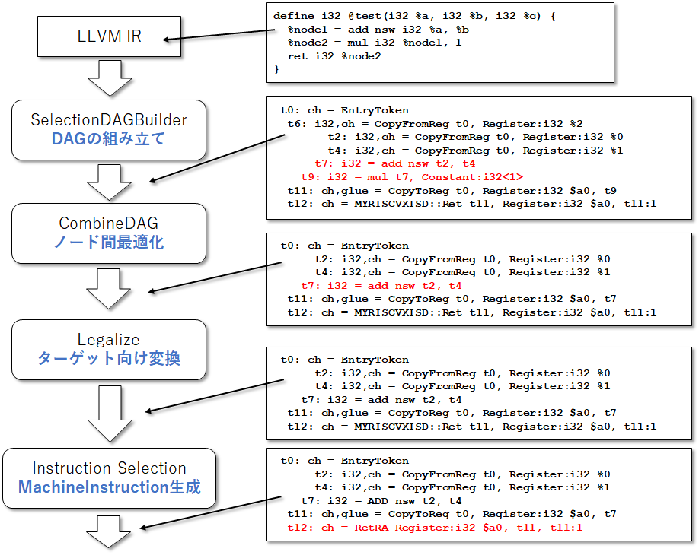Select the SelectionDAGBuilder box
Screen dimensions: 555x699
[x=109, y=129]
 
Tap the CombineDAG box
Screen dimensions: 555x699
[x=109, y=233]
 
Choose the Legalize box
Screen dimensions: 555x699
[x=109, y=349]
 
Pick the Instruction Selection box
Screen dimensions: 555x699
[x=109, y=478]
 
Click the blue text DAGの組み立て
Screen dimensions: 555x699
[x=108, y=139]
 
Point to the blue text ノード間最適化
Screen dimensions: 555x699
[x=109, y=243]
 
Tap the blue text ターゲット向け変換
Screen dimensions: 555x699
[x=109, y=359]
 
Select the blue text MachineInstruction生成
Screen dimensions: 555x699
[x=109, y=487]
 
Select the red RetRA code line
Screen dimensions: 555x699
[x=431, y=527]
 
